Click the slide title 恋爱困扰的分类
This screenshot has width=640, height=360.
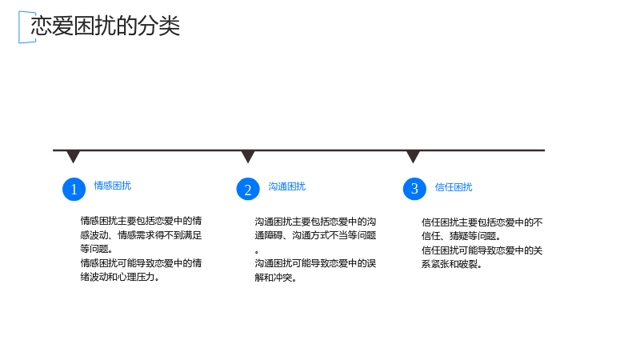click(x=106, y=26)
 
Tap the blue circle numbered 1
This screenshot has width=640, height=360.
click(x=74, y=189)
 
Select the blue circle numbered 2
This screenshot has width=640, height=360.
click(x=248, y=189)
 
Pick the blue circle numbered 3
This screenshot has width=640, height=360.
click(x=414, y=189)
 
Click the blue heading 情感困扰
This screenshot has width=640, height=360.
click(x=113, y=186)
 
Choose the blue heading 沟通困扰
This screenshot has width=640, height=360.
click(x=287, y=186)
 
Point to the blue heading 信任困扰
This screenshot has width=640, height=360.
click(x=454, y=187)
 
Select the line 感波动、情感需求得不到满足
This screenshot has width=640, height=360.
click(x=141, y=235)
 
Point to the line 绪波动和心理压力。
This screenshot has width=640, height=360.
click(x=119, y=277)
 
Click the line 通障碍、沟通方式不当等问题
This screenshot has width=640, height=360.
click(x=315, y=235)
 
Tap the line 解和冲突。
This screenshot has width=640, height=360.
click(x=275, y=278)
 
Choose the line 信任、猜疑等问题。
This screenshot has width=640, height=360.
click(x=461, y=236)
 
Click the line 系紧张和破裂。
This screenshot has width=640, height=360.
click(x=451, y=264)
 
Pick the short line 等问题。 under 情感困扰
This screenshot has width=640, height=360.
click(x=96, y=249)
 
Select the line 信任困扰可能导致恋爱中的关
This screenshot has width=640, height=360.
click(x=482, y=250)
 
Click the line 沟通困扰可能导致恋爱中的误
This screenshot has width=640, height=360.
click(x=315, y=263)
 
